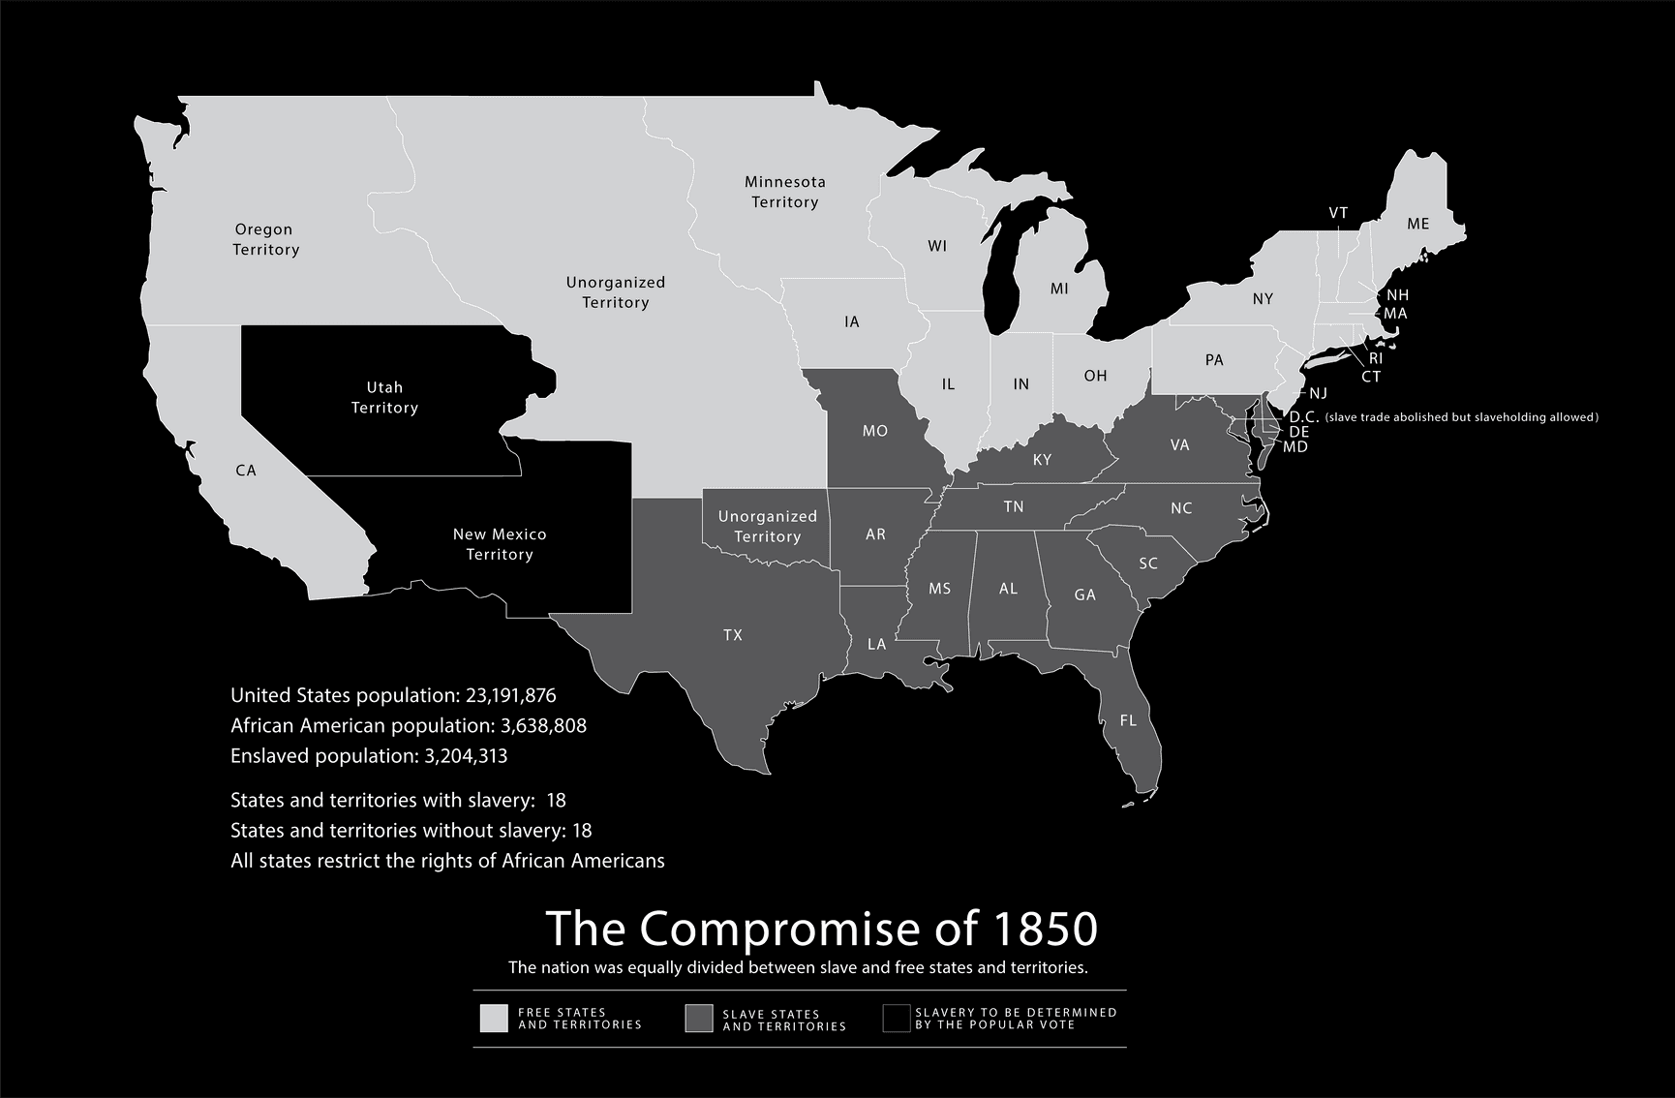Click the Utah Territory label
tap(384, 398)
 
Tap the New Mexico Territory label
tap(500, 544)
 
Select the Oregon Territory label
tap(264, 239)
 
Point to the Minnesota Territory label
tap(784, 192)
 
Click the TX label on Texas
tap(733, 635)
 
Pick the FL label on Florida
tap(1128, 720)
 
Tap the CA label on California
tap(246, 471)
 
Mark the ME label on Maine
tap(1417, 224)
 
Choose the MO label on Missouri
tap(874, 431)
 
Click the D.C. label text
tap(1303, 417)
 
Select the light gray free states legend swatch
tap(494, 1019)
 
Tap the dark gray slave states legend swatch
tap(699, 1019)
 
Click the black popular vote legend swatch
tap(897, 1019)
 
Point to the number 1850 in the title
tap(1046, 929)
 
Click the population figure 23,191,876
tap(511, 695)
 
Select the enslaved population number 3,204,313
tap(466, 755)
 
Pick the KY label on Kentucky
tap(1042, 460)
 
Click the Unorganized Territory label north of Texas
tap(767, 527)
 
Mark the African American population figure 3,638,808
tap(541, 725)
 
